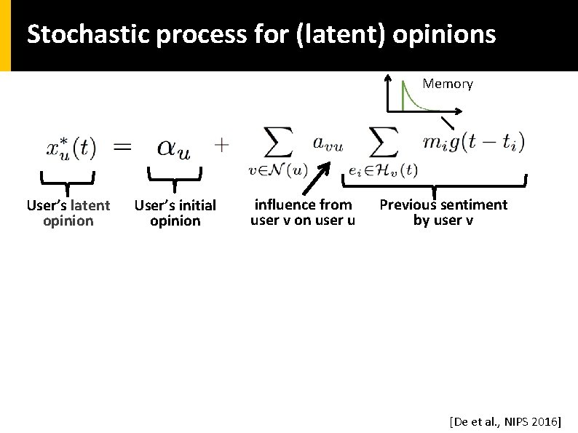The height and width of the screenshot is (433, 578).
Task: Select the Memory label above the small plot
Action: click(448, 84)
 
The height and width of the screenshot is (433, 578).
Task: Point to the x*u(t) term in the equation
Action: click(71, 147)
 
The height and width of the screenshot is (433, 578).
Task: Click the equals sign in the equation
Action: click(123, 147)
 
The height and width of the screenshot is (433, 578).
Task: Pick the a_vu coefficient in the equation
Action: click(328, 143)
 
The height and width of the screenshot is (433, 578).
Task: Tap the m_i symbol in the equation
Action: click(435, 143)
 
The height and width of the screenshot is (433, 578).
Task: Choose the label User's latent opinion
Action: click(68, 213)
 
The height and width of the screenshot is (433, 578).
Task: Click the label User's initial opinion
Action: click(175, 213)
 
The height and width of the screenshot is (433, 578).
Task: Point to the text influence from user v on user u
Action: click(302, 212)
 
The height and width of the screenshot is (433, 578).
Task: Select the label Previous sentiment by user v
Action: click(443, 212)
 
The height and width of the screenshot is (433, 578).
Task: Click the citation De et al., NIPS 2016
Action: click(504, 421)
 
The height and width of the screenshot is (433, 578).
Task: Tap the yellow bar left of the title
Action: click(5, 35)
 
